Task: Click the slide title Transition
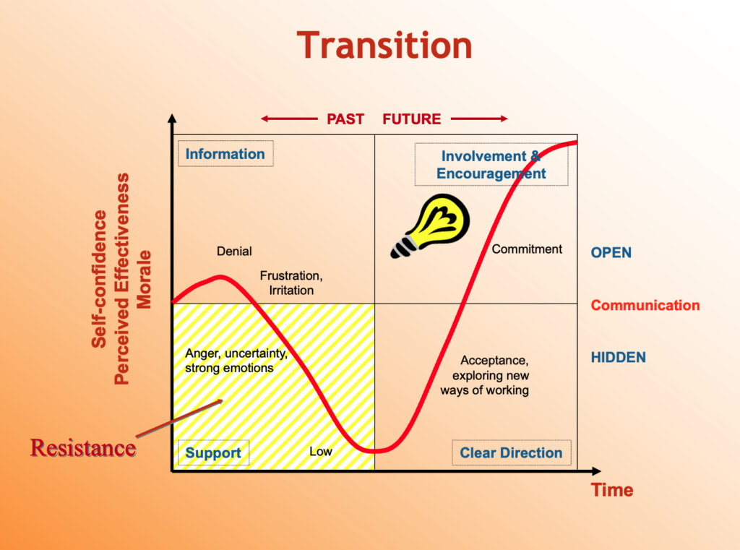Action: [384, 46]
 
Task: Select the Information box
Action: [225, 154]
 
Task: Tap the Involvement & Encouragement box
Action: [491, 164]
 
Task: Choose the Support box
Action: [213, 452]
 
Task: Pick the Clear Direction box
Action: [511, 452]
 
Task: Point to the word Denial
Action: [234, 252]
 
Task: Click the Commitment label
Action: [527, 249]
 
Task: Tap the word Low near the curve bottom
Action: [321, 451]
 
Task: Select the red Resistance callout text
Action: [83, 447]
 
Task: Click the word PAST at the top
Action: [345, 119]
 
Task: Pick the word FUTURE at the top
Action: [411, 119]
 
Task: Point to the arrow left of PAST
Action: [289, 119]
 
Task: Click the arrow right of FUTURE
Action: [479, 119]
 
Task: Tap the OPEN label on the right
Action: [611, 252]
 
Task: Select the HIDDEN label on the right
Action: [619, 357]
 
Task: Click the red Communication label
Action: [645, 306]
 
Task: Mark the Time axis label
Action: [612, 490]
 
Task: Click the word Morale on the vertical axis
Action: [144, 280]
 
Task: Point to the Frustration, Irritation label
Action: [291, 283]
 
